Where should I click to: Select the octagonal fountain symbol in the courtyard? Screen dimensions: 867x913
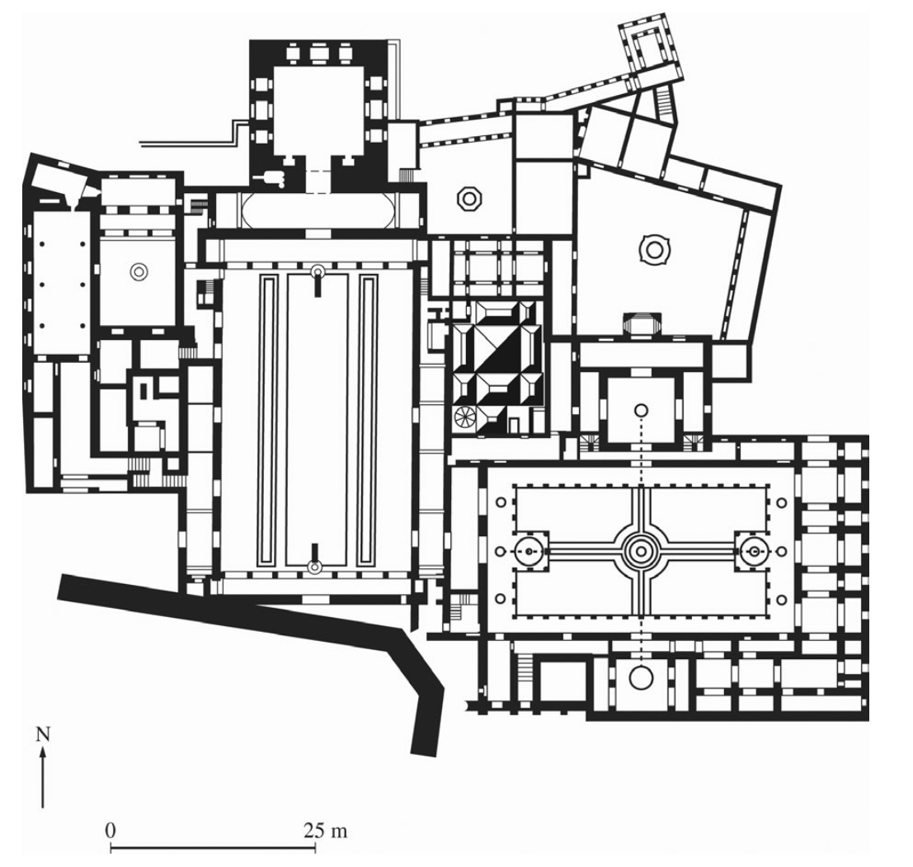coord(469,198)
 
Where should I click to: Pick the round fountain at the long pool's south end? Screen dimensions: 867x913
coord(313,567)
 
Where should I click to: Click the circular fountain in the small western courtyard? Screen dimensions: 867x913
coord(138,270)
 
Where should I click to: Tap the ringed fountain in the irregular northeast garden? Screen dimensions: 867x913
coord(654,247)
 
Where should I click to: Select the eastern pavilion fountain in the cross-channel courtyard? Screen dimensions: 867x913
coord(752,549)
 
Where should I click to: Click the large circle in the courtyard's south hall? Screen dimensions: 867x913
coord(640,678)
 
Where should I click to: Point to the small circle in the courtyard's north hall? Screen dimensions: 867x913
coord(640,409)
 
